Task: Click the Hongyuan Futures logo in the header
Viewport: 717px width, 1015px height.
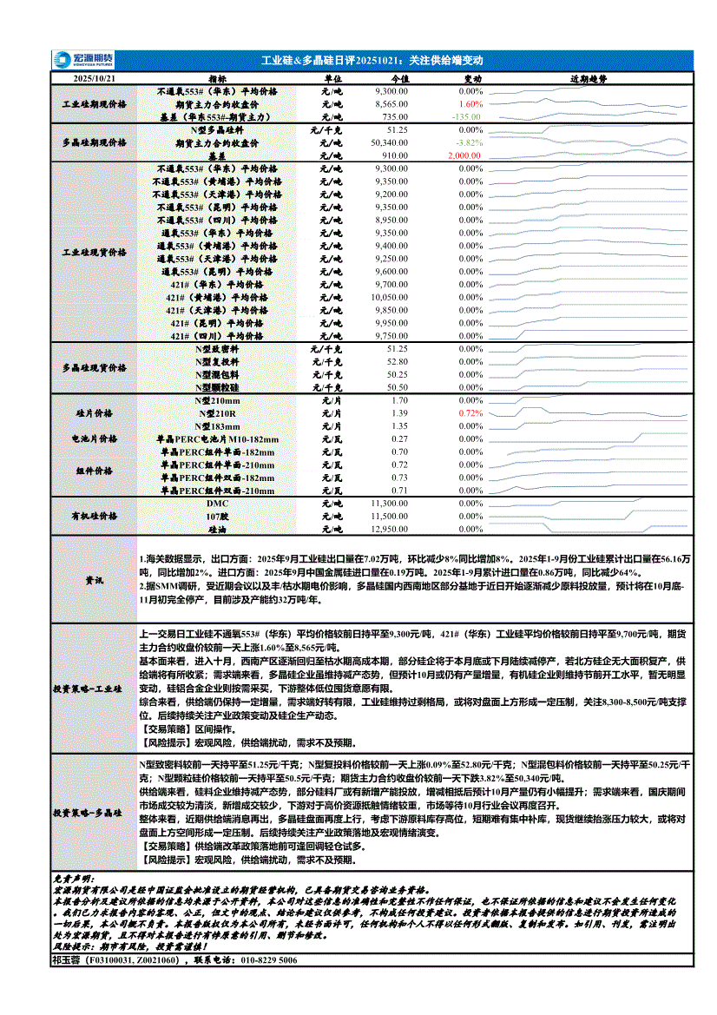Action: coord(83,60)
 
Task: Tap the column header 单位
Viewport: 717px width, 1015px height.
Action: coord(332,79)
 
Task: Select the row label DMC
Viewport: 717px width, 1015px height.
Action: coord(216,504)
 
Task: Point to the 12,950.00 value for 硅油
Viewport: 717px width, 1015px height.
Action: coord(389,529)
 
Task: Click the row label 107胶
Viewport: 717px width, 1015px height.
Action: coord(216,517)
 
